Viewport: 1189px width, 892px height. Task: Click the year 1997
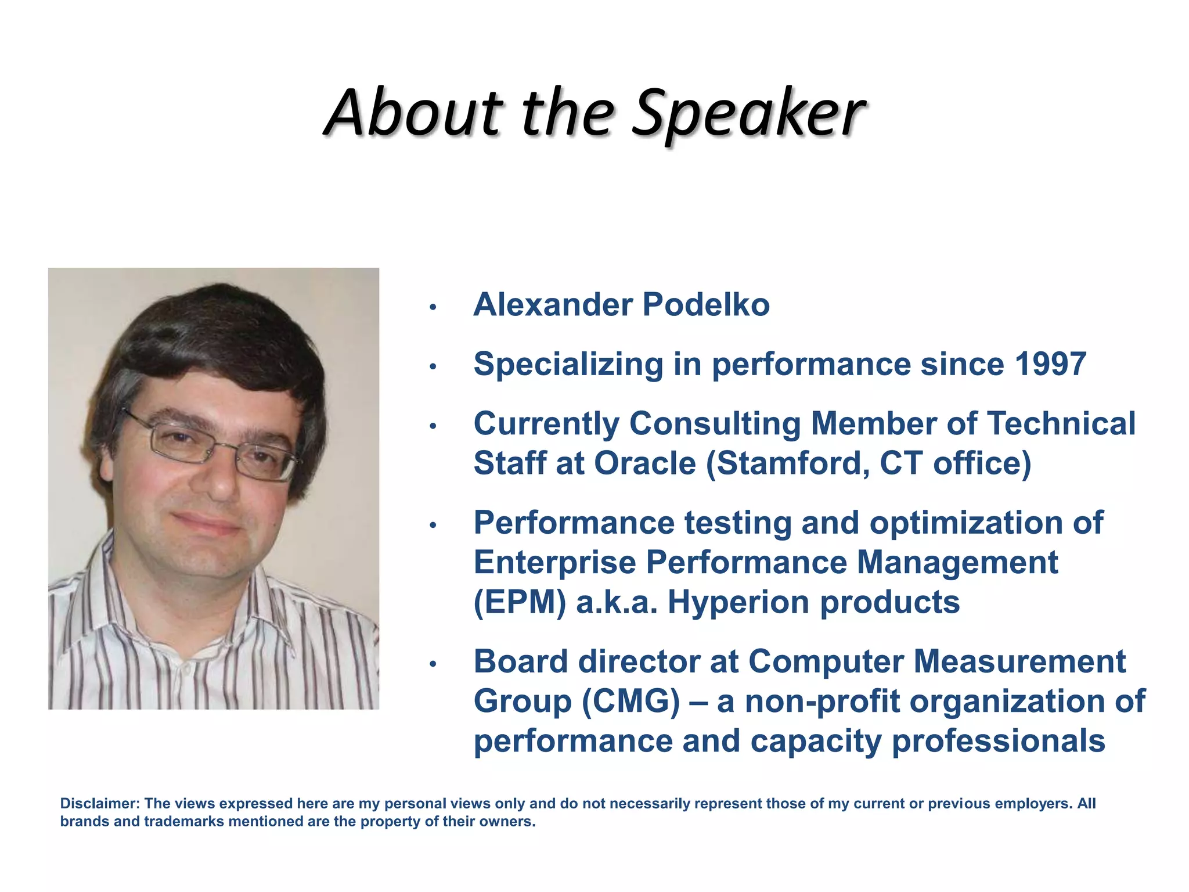(x=1050, y=365)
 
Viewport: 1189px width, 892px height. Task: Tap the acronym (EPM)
(x=519, y=602)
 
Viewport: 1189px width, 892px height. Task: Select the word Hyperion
(x=738, y=602)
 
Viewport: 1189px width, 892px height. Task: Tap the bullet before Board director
(x=432, y=664)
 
